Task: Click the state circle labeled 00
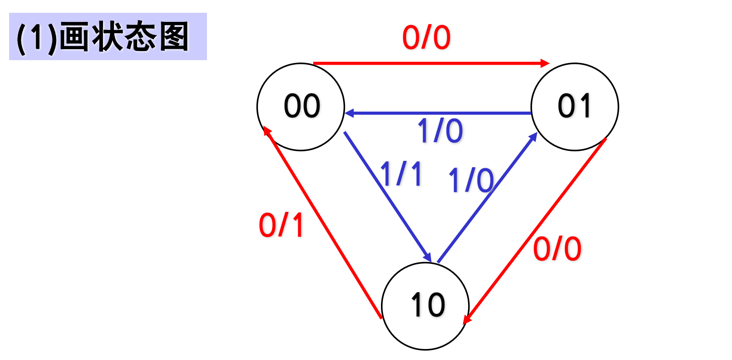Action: (301, 107)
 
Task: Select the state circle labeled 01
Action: (575, 107)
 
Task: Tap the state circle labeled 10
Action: (425, 306)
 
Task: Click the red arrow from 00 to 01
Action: (428, 63)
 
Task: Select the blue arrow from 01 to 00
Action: (438, 113)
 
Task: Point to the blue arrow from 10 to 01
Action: (487, 198)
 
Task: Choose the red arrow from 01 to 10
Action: (536, 231)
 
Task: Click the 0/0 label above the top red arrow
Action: (426, 37)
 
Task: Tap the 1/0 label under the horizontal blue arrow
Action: (440, 131)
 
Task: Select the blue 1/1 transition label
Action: (401, 174)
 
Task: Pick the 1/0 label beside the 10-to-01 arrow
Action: (471, 180)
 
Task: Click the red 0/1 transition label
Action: (281, 225)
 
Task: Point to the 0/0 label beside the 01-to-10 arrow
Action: (557, 249)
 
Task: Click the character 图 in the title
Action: (174, 37)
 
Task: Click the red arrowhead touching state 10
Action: (467, 319)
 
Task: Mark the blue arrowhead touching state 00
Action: (350, 113)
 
